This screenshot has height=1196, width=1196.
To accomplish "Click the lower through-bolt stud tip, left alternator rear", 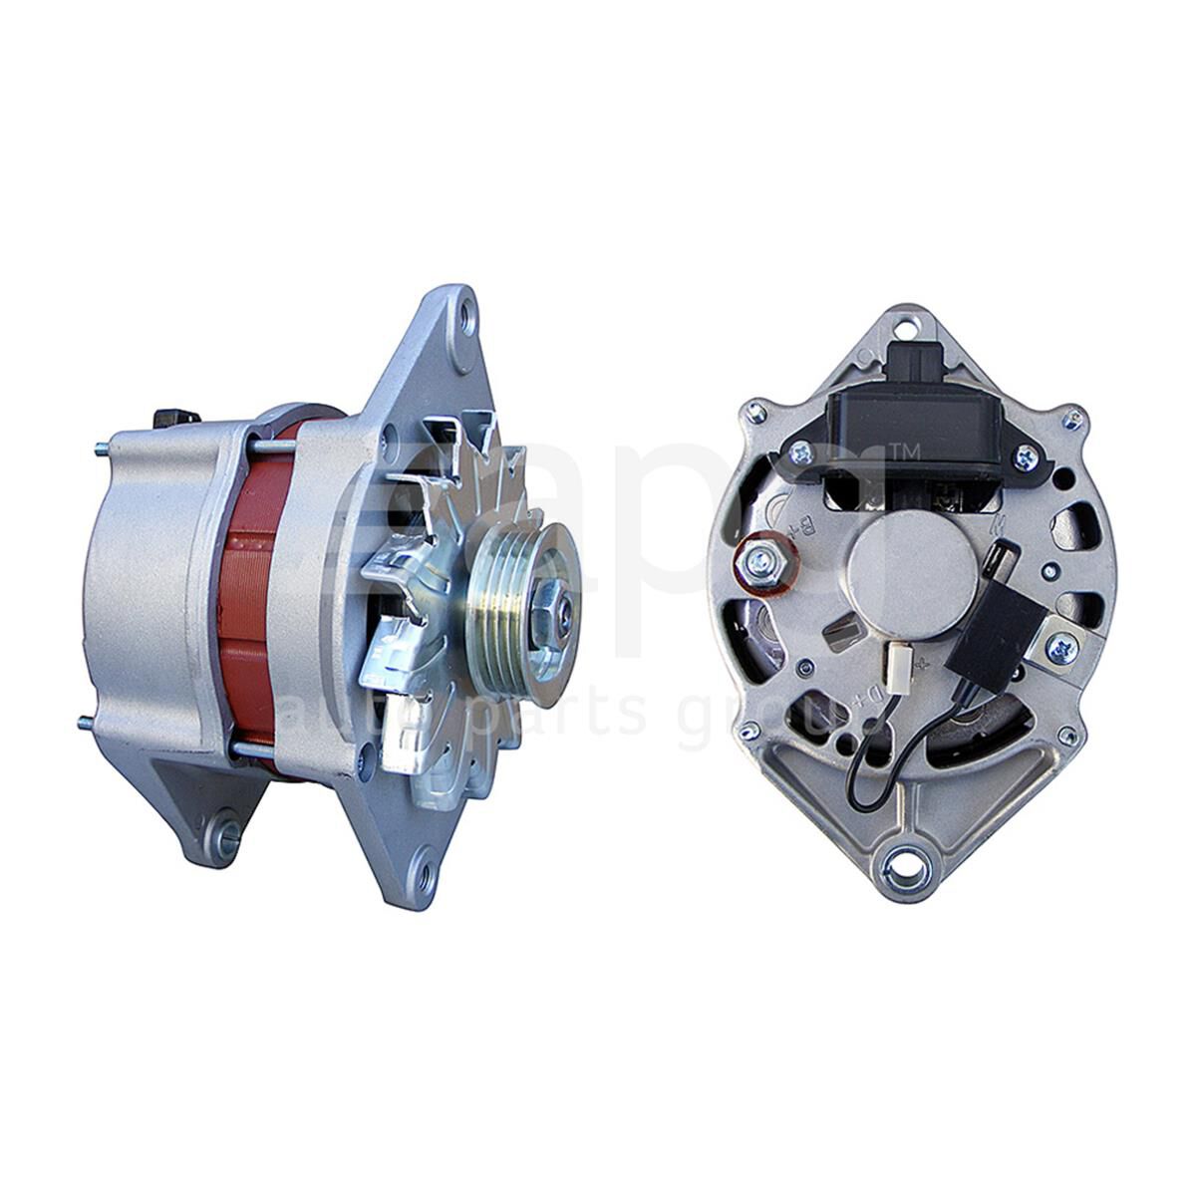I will tap(83, 723).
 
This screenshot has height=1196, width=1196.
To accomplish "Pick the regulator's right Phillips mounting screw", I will tap(1026, 458).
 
